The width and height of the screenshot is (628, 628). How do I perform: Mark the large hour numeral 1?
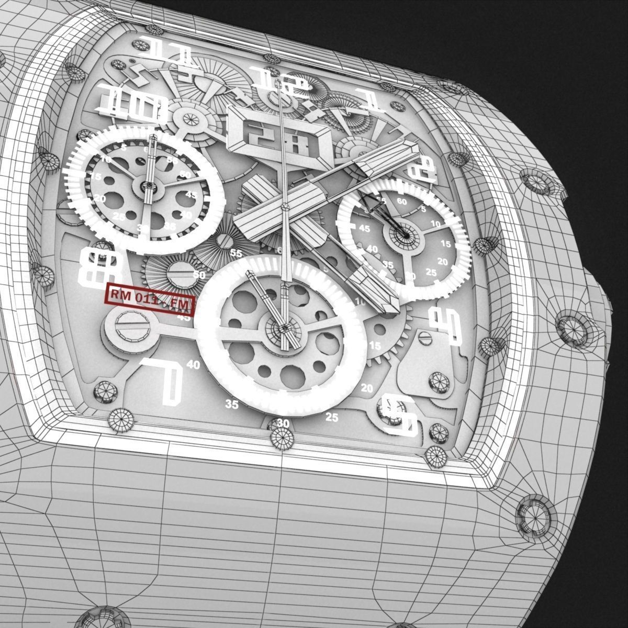(371, 100)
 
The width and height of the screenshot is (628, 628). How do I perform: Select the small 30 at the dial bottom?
(283, 423)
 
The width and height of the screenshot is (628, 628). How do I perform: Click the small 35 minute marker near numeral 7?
(231, 404)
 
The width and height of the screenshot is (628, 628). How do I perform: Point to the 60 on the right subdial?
(402, 200)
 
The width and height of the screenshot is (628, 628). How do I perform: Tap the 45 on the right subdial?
(364, 229)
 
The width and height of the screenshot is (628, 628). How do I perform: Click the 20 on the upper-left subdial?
(100, 199)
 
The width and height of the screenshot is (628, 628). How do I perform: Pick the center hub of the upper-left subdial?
(148, 185)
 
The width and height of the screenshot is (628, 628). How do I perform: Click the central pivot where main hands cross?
(285, 208)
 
